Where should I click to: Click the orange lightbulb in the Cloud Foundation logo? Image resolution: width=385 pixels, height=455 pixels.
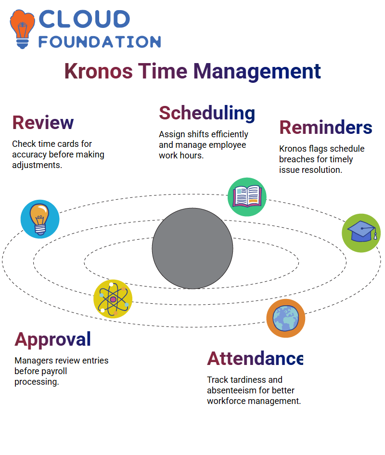tap(22, 29)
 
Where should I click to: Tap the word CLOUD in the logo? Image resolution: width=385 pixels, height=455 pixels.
tap(84, 19)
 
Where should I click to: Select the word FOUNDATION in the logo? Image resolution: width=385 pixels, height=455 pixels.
tap(100, 42)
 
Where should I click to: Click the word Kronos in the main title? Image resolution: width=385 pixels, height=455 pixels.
tap(99, 71)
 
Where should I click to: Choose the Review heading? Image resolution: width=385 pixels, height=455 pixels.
tap(43, 122)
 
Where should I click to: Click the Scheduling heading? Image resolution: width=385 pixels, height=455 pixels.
tap(207, 114)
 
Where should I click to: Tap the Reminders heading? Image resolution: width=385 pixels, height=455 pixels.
tap(325, 128)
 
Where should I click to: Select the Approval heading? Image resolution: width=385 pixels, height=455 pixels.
tap(53, 339)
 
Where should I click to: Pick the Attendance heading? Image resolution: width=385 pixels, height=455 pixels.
tap(255, 358)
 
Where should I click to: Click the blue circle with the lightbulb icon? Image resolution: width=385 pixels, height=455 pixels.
tap(40, 219)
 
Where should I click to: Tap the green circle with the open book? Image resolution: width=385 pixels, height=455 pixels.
tap(247, 197)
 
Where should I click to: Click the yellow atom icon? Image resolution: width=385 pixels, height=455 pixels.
tap(113, 299)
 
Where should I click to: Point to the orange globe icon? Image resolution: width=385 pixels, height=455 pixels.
tap(286, 318)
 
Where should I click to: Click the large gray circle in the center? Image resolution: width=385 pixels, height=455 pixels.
tap(192, 248)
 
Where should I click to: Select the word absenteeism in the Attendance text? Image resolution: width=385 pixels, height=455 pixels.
tap(232, 390)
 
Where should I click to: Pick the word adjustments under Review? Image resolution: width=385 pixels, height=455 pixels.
tap(37, 165)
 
